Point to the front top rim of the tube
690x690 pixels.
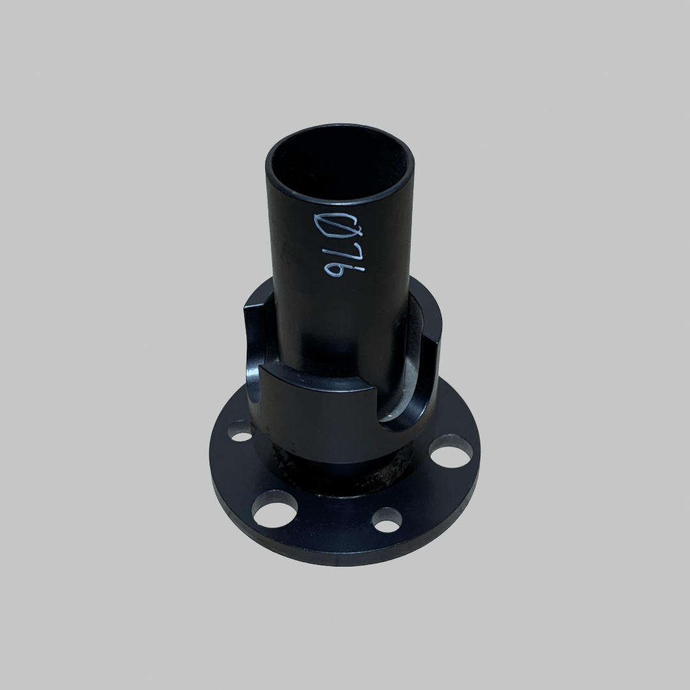pyautogui.click(x=340, y=203)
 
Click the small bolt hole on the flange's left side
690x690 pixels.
pyautogui.click(x=241, y=436)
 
